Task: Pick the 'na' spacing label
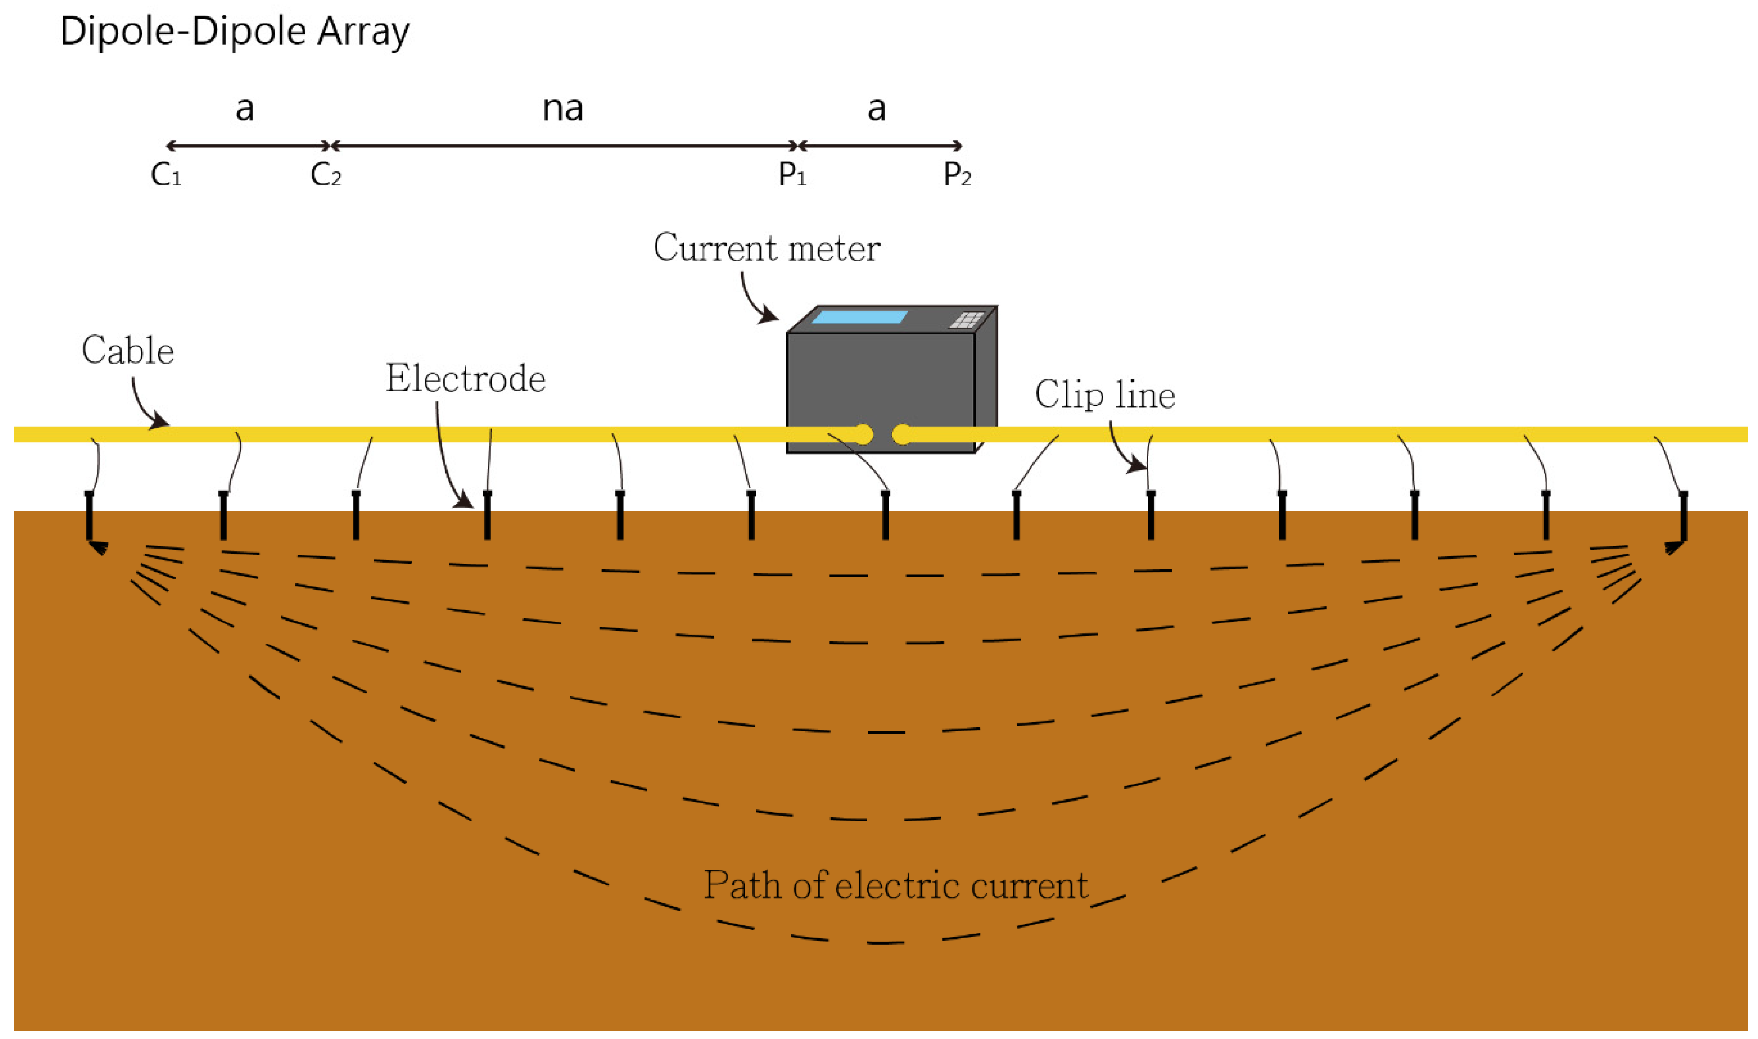click(563, 109)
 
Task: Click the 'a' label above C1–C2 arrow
click(244, 109)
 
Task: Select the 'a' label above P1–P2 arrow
click(876, 109)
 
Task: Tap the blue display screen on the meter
click(859, 317)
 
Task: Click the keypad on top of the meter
click(967, 320)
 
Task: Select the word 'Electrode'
click(465, 379)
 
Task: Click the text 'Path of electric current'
click(895, 886)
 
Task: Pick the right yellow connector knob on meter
click(902, 435)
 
